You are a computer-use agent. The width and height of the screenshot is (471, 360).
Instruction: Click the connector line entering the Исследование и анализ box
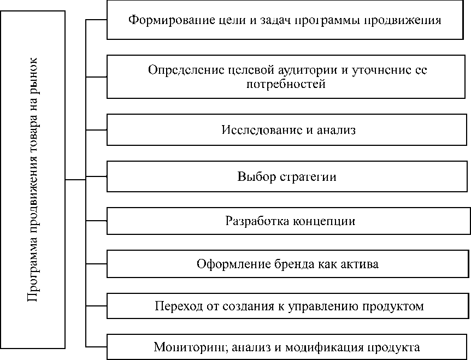pyautogui.click(x=96, y=130)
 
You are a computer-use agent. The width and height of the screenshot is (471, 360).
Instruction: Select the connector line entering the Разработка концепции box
pyautogui.click(x=96, y=221)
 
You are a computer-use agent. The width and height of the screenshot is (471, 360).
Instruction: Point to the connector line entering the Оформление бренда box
pyautogui.click(x=96, y=264)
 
